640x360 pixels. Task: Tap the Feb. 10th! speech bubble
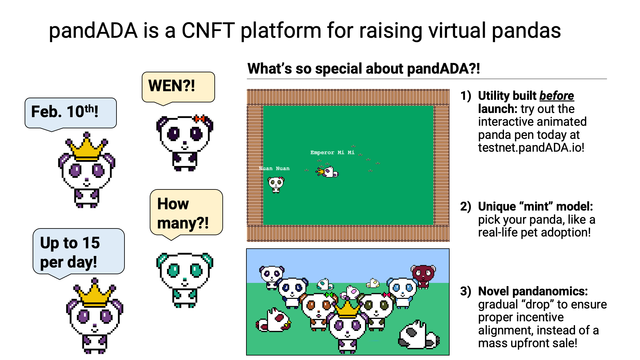click(x=70, y=113)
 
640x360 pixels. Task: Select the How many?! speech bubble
click(x=186, y=212)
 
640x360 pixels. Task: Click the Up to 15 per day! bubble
click(x=78, y=252)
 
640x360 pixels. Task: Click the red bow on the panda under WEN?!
click(x=199, y=119)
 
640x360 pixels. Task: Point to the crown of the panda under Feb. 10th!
click(x=86, y=149)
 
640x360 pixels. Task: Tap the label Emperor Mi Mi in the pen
click(x=332, y=153)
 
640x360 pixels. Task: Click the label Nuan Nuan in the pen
click(x=274, y=168)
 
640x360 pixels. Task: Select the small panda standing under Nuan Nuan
click(x=276, y=185)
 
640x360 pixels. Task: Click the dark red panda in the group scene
click(x=423, y=275)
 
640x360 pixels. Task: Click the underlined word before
click(x=556, y=96)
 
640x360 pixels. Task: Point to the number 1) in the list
click(x=466, y=96)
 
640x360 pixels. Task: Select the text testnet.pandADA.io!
click(x=531, y=148)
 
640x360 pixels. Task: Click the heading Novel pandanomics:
click(x=533, y=291)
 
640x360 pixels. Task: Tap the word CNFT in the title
click(x=208, y=31)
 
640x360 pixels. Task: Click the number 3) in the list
click(x=466, y=291)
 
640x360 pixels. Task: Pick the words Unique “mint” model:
click(x=535, y=207)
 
